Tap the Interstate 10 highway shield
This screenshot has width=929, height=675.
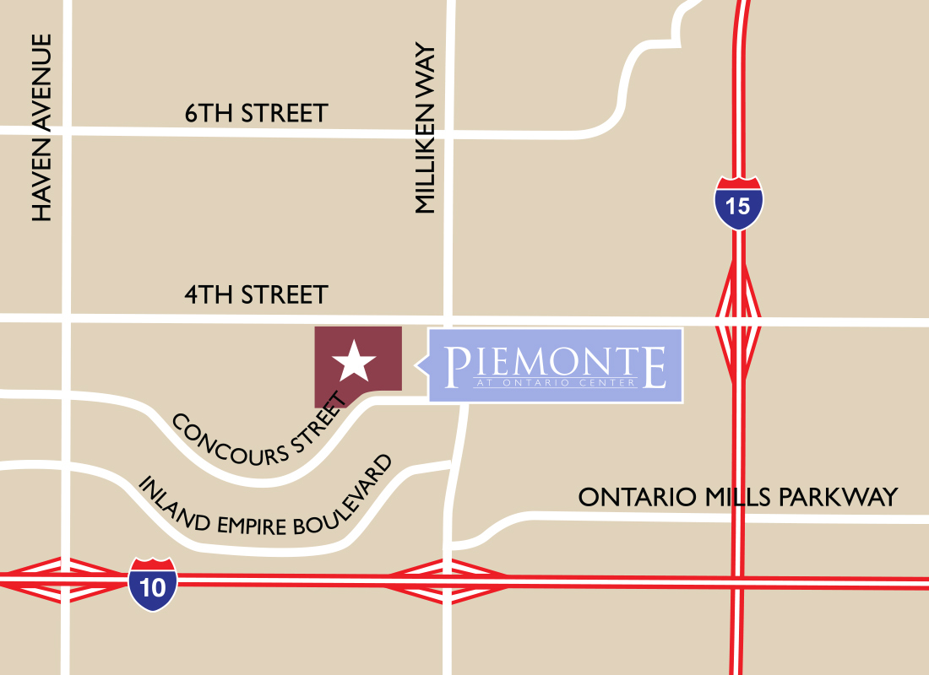(x=153, y=584)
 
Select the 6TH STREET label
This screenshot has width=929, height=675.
(x=256, y=113)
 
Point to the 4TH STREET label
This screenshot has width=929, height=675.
(x=256, y=295)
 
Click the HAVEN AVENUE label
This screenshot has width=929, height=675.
(x=41, y=128)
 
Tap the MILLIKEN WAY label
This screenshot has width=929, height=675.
(x=424, y=128)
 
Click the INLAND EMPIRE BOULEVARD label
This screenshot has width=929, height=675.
(x=266, y=496)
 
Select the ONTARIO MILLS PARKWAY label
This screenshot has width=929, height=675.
(x=737, y=498)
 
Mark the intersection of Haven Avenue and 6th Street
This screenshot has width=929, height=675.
(x=66, y=130)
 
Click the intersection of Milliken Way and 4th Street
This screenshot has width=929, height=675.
(x=448, y=320)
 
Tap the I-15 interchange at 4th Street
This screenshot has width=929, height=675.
(x=738, y=321)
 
